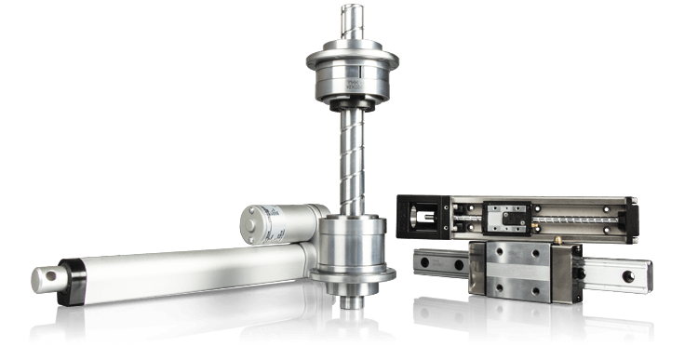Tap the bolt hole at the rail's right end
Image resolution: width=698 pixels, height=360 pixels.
point(635,275)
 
